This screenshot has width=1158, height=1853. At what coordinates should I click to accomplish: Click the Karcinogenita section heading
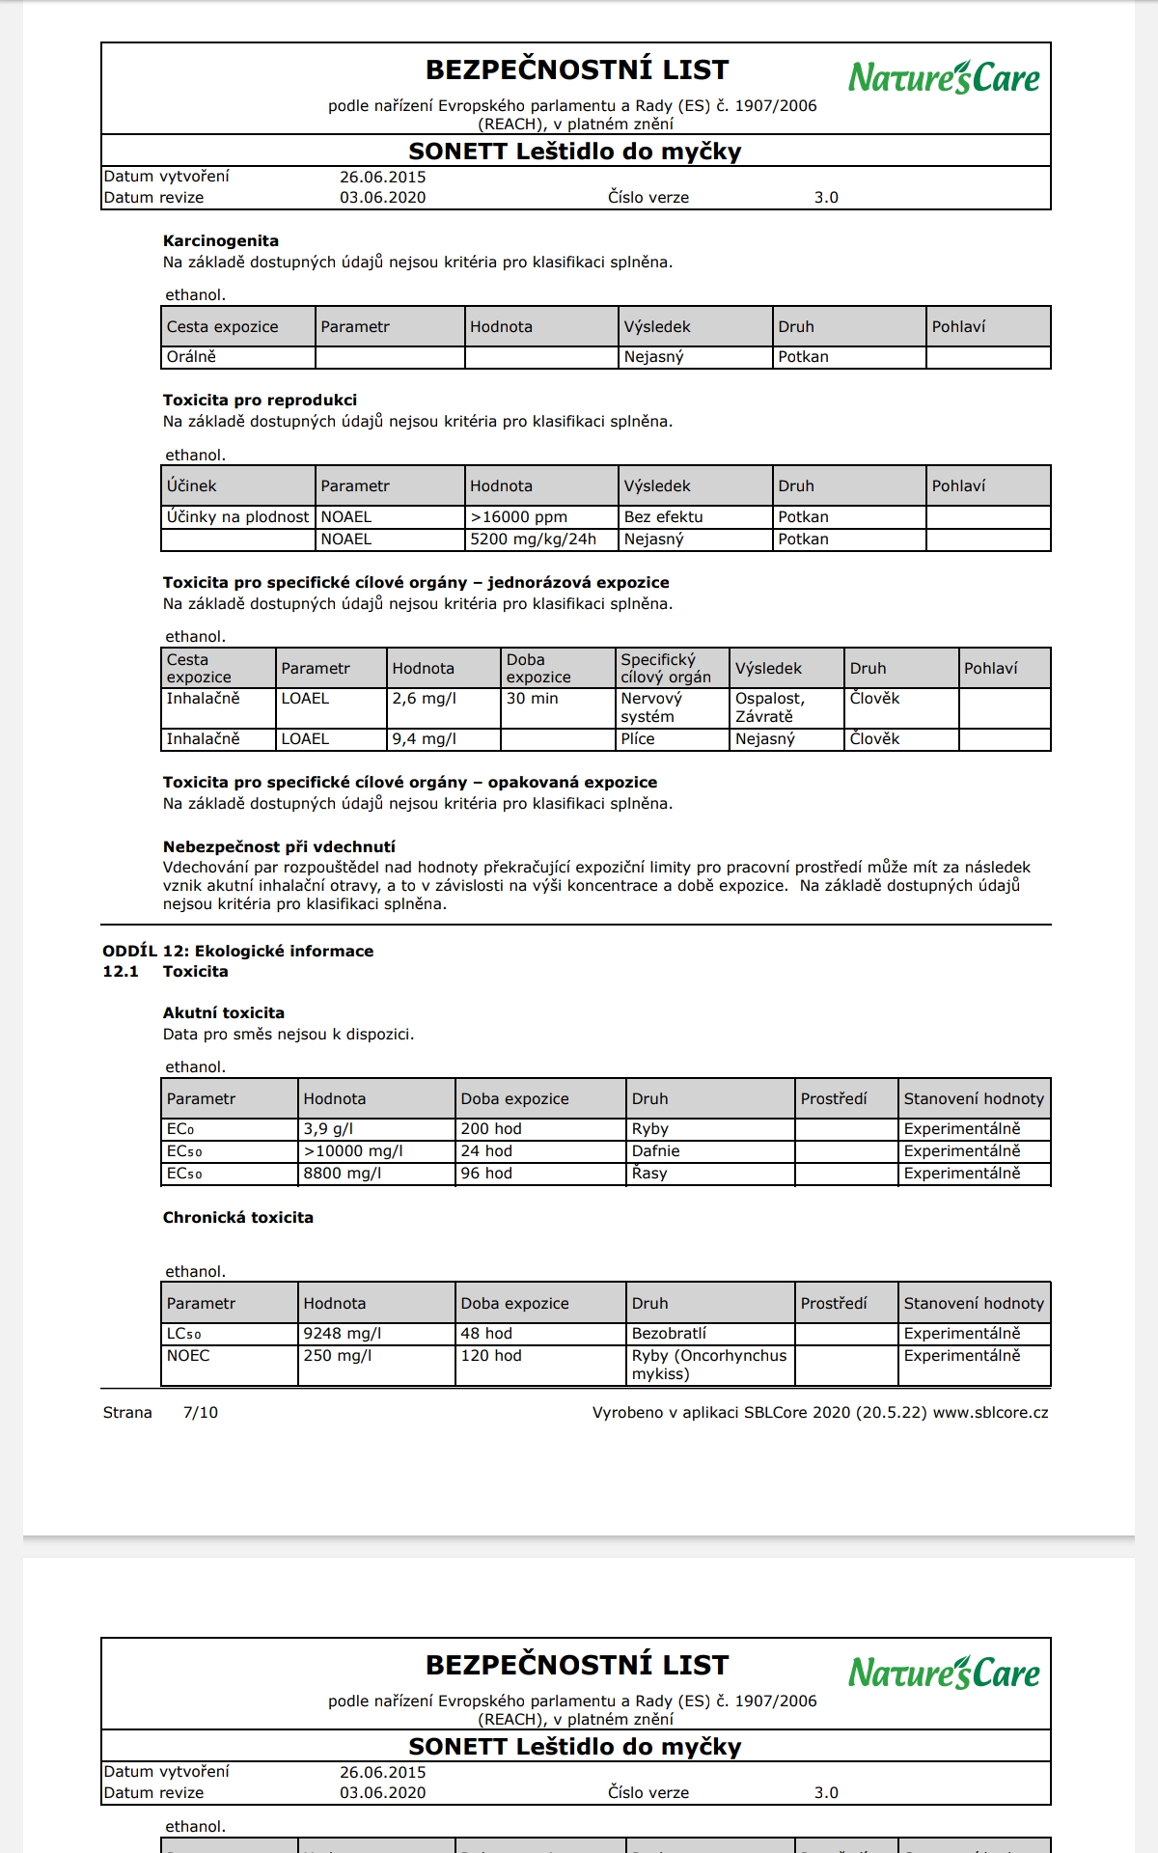pos(220,241)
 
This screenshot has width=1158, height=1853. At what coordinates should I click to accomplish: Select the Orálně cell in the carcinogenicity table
pos(191,357)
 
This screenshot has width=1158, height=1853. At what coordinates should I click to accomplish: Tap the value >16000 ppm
pos(519,517)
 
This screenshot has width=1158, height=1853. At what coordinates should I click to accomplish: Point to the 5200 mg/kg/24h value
pos(533,539)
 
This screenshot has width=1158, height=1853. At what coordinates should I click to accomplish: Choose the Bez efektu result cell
pos(663,517)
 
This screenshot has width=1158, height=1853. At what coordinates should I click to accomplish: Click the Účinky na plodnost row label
pos(237,517)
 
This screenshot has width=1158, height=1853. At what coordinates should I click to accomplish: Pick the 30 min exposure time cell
pos(532,699)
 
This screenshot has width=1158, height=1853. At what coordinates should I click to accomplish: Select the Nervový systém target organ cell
pos(651,707)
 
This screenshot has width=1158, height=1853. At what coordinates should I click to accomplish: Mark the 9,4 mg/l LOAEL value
pos(424,739)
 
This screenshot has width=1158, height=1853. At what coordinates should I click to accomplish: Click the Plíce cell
pos(637,739)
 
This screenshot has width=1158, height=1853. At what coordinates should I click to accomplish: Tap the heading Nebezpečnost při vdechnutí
pos(279,846)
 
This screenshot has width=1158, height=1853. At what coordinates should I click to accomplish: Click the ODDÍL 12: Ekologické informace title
pos(237,951)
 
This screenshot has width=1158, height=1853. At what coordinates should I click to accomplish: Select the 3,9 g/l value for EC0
pos(328,1129)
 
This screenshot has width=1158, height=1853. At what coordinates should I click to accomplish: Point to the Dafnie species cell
pos(655,1151)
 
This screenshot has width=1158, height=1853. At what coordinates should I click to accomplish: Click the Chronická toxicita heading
pos(237,1218)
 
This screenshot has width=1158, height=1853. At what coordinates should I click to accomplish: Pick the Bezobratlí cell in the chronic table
pos(669,1334)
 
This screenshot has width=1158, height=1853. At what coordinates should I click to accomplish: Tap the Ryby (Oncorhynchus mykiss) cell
pos(709,1365)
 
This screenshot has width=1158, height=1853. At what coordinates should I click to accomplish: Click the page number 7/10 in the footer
pos(200,1413)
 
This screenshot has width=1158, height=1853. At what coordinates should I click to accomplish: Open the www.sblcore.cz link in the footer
pos(990,1413)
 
